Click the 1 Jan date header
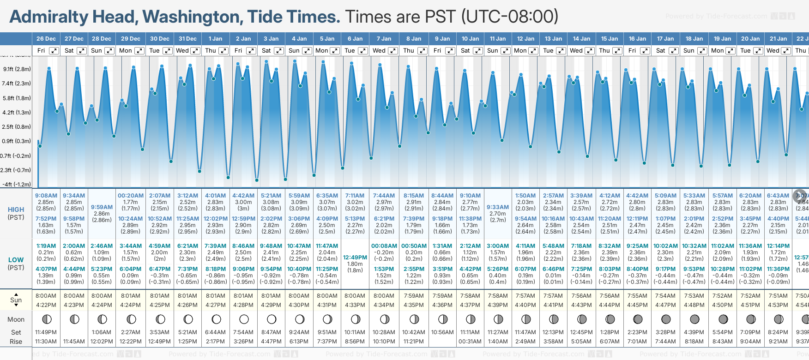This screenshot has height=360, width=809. (x=215, y=39)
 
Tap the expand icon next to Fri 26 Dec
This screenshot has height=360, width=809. (x=54, y=51)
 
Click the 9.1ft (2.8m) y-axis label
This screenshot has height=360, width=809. (x=17, y=69)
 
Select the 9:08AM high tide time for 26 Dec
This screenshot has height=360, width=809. (x=46, y=196)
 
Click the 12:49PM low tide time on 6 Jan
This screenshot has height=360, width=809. (x=355, y=258)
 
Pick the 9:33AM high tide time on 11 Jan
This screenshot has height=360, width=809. (x=498, y=207)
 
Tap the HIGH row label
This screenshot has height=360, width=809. (x=16, y=210)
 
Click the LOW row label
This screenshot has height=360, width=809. (x=16, y=260)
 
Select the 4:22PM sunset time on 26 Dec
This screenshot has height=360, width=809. (x=46, y=305)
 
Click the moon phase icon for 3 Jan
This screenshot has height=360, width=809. (x=272, y=319)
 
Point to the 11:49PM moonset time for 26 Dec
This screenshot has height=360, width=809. (x=46, y=332)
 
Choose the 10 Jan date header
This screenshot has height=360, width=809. (x=470, y=39)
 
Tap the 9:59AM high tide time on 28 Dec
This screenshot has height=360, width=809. (x=102, y=207)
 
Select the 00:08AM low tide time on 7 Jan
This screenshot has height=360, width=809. (x=384, y=246)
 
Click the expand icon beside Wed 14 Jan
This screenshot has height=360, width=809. (x=590, y=51)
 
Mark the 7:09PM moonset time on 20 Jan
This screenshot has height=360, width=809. (x=750, y=332)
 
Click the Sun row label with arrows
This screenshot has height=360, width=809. (x=16, y=300)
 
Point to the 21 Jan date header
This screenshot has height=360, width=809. (x=778, y=39)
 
